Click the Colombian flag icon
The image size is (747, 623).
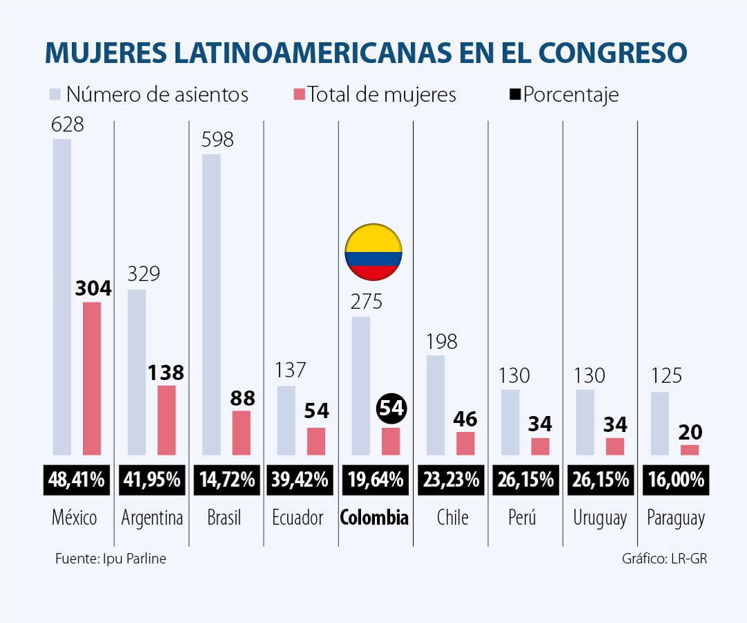click(373, 252)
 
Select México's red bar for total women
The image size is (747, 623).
click(92, 378)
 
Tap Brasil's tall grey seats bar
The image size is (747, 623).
click(211, 305)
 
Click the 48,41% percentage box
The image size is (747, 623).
click(77, 479)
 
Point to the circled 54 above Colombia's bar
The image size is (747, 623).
click(391, 408)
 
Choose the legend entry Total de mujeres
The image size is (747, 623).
click(374, 94)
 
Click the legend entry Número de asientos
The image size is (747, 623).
click(149, 94)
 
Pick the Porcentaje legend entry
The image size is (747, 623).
click(564, 94)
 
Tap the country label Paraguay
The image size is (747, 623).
click(675, 518)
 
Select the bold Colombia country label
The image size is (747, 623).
click(374, 518)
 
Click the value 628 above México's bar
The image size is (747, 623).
click(67, 125)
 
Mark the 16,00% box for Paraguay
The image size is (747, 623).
click(675, 479)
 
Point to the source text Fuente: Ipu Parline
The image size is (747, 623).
click(111, 558)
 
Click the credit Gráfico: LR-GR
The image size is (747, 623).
click(664, 559)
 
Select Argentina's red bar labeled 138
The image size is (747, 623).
click(167, 420)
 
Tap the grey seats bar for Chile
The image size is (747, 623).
click(435, 405)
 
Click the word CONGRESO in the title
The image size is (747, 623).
click(613, 53)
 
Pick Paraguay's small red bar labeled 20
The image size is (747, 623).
click(690, 450)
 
